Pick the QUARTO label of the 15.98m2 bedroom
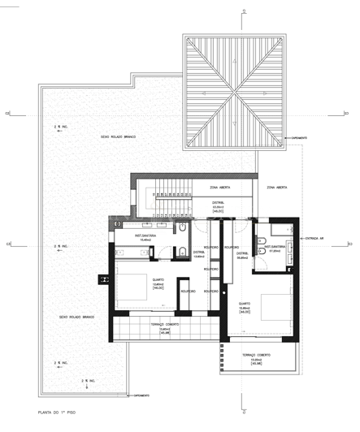pos(244,307)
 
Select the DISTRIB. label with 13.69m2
pos(199,254)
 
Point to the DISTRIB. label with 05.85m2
pos(241,257)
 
